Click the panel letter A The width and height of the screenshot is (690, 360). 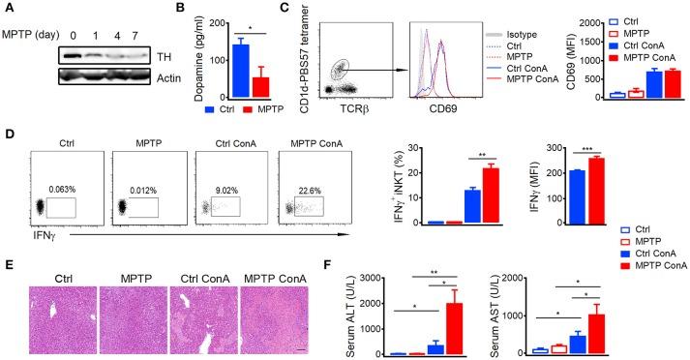pyautogui.click(x=9, y=8)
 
